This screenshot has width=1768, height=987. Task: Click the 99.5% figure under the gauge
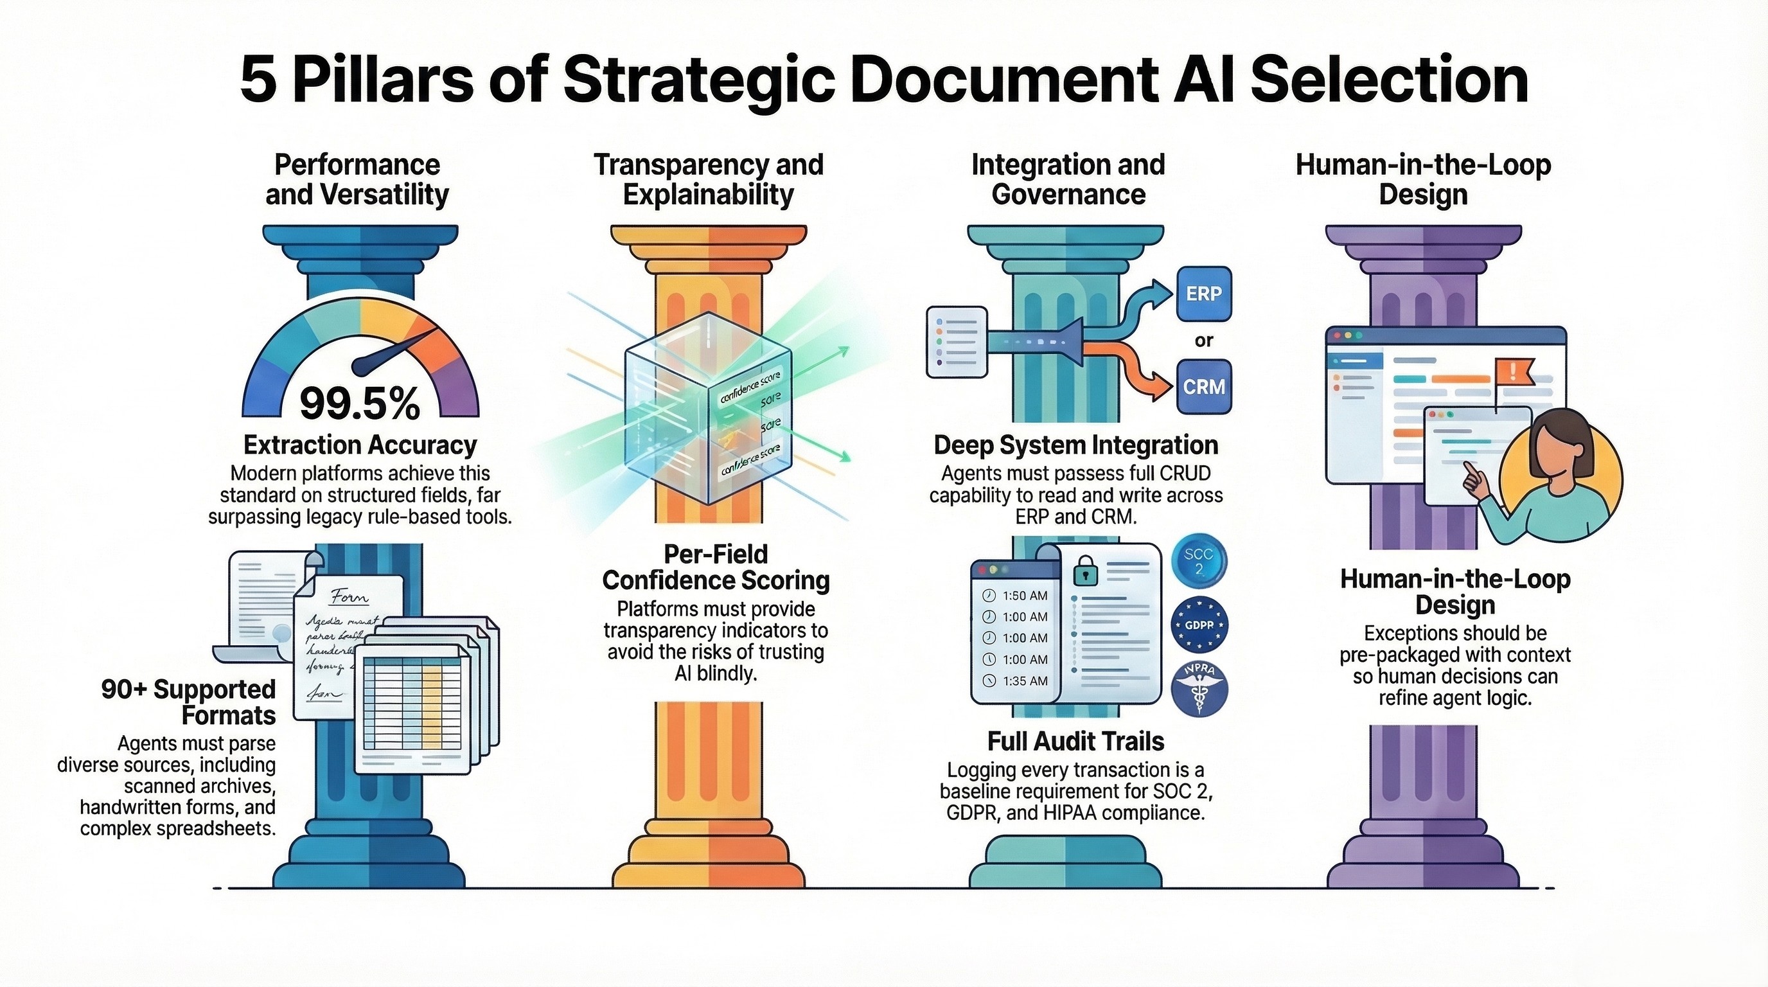click(360, 404)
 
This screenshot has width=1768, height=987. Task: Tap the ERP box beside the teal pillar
click(1204, 294)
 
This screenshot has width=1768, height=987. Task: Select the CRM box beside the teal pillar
click(1204, 386)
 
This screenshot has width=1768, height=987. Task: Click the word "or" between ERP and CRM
click(1204, 341)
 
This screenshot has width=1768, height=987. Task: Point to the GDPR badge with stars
click(1199, 625)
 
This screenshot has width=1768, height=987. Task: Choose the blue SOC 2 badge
click(1199, 561)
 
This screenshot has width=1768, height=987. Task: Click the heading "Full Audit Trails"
click(1075, 742)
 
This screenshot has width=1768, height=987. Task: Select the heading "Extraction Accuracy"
click(360, 445)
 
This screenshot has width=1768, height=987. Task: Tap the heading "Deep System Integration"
click(1075, 445)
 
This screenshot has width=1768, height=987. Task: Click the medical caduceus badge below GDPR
click(1199, 689)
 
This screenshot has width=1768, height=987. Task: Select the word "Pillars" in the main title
click(384, 80)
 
